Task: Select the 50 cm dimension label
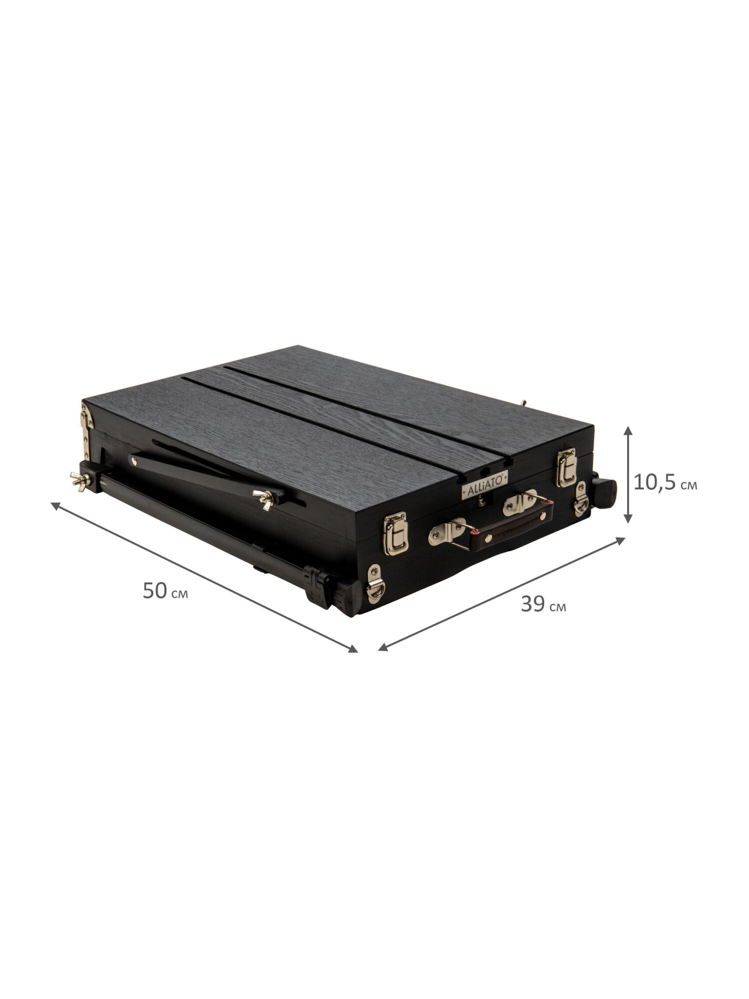(x=165, y=591)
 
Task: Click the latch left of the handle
(x=393, y=529)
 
